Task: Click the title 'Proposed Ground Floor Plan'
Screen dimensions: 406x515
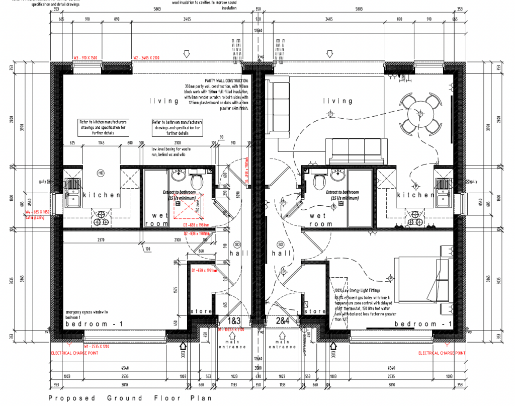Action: [x=130, y=398]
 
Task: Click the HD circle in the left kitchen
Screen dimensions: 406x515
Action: [x=101, y=173]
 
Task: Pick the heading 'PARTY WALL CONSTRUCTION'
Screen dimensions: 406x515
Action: [x=226, y=80]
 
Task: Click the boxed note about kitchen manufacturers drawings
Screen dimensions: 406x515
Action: [x=103, y=128]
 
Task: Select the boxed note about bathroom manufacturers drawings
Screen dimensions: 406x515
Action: [x=177, y=128]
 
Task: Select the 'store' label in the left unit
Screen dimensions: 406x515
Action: [x=201, y=311]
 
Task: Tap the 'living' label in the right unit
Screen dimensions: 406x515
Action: [x=337, y=101]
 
